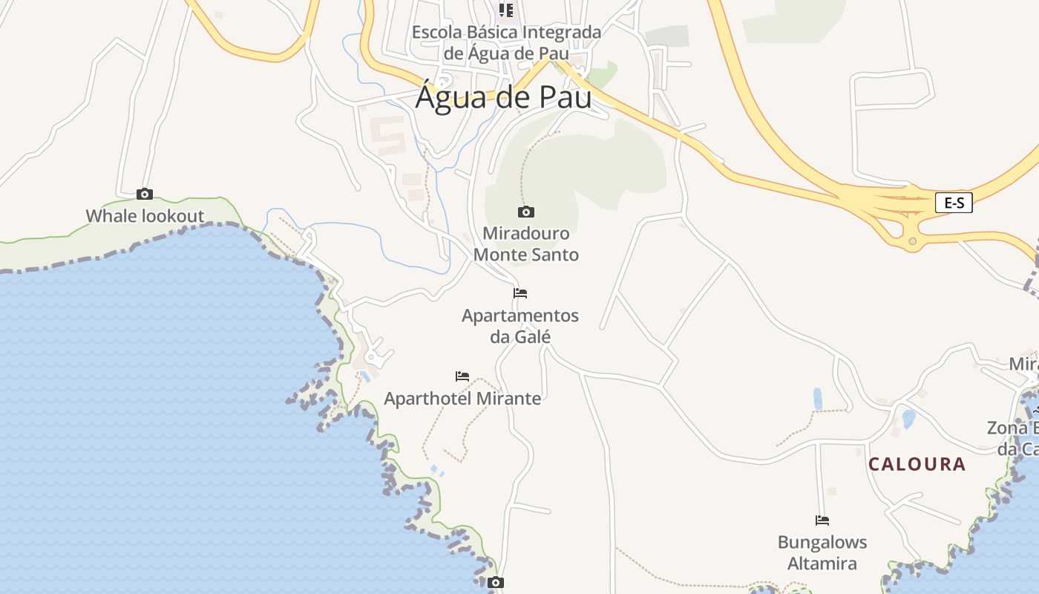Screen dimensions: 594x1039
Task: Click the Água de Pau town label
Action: [x=503, y=97]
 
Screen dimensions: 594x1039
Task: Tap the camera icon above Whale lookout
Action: [x=145, y=195]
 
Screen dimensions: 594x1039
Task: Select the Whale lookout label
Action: [x=145, y=216]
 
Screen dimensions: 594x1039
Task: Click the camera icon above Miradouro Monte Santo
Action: [x=526, y=212]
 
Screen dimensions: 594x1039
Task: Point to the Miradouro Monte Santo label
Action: [x=526, y=244]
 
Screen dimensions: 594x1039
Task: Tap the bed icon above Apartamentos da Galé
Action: [x=520, y=293]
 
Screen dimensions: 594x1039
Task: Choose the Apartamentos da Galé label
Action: [x=520, y=326]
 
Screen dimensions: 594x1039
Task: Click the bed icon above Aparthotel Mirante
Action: [x=462, y=376]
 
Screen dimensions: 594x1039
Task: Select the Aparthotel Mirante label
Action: [x=462, y=398]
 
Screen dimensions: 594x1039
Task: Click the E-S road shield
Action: [x=954, y=203]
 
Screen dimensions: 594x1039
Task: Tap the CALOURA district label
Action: [x=917, y=465]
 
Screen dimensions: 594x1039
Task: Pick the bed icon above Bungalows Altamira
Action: [x=822, y=520]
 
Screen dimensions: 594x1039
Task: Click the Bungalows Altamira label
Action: [x=822, y=552]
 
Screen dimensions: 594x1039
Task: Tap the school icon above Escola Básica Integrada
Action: [x=506, y=10]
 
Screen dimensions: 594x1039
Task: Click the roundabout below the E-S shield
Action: [x=912, y=241]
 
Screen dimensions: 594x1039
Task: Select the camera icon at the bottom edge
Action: [x=496, y=583]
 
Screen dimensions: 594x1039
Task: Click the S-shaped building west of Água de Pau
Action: [x=387, y=134]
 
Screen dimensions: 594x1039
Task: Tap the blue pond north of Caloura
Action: [x=817, y=398]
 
